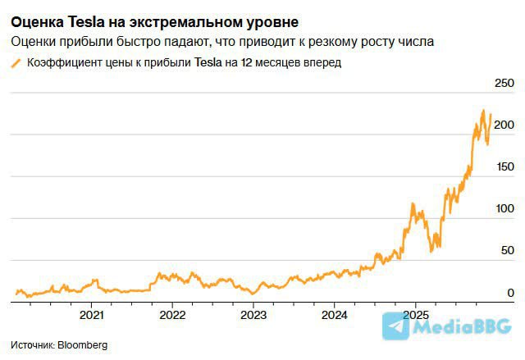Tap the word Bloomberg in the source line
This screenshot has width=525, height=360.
point(83,345)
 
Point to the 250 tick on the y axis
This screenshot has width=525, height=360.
point(502,83)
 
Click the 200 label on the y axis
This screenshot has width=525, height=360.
point(502,125)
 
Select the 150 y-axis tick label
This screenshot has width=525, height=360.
point(502,166)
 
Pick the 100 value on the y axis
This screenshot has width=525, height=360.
point(502,208)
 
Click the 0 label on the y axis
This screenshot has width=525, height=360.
point(510,293)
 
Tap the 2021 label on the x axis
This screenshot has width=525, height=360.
point(91,315)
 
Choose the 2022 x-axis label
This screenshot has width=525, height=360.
point(172,315)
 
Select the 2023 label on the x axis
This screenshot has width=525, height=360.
point(253,315)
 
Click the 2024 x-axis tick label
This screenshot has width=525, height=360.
point(335,315)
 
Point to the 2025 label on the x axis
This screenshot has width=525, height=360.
point(416,315)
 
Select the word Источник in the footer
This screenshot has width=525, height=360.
point(32,345)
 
